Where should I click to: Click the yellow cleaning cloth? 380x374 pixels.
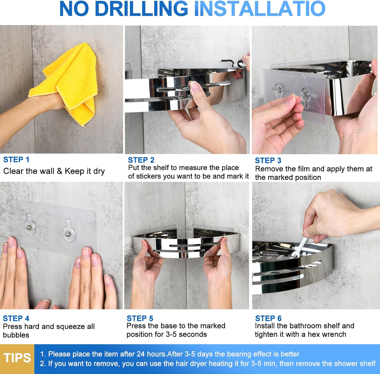pyautogui.click(x=68, y=81)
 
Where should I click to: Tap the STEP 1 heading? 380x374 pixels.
pyautogui.click(x=16, y=160)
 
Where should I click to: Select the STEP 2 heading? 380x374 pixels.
pyautogui.click(x=141, y=160)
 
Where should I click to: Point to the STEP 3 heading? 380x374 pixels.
pyautogui.click(x=268, y=160)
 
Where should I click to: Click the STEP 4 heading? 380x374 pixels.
pyautogui.click(x=16, y=318)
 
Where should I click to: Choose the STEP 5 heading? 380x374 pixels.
pyautogui.click(x=140, y=318)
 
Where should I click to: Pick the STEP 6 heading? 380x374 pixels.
pyautogui.click(x=268, y=318)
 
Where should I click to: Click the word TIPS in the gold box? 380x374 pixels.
pyautogui.click(x=17, y=358)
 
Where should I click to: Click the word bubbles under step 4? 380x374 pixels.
pyautogui.click(x=16, y=335)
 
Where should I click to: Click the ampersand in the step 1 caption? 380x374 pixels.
pyautogui.click(x=60, y=171)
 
